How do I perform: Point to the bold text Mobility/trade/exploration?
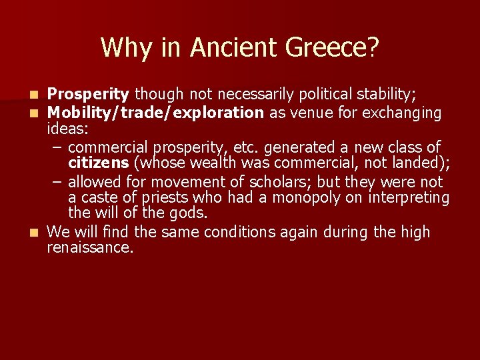click(x=156, y=113)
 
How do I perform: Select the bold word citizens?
click(x=98, y=163)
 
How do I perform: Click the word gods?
click(x=191, y=213)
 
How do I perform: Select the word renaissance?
click(x=90, y=247)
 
